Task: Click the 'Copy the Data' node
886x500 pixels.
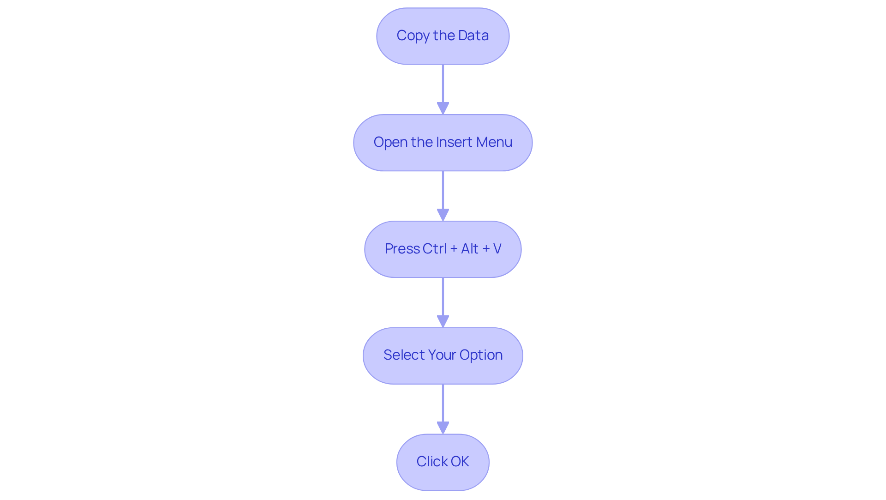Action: [x=443, y=36]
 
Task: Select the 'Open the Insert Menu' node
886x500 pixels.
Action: [x=443, y=143]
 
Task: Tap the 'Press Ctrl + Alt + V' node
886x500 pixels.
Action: [x=443, y=249]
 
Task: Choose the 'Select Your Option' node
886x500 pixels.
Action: [x=443, y=355]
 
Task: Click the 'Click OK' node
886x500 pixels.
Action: [x=443, y=462]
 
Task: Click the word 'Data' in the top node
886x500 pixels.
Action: [x=473, y=36]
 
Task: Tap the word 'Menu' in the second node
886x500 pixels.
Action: [x=494, y=142]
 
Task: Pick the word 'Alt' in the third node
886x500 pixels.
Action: [x=470, y=249]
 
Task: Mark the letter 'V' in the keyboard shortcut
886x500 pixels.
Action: [x=497, y=249]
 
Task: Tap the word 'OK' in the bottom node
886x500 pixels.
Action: [x=460, y=462]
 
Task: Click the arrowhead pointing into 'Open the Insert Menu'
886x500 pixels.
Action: [x=443, y=108]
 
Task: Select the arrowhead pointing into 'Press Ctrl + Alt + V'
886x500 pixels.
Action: [x=443, y=215]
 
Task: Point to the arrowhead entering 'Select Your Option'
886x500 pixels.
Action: [x=443, y=321]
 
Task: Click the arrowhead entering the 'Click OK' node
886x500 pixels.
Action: [x=443, y=428]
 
